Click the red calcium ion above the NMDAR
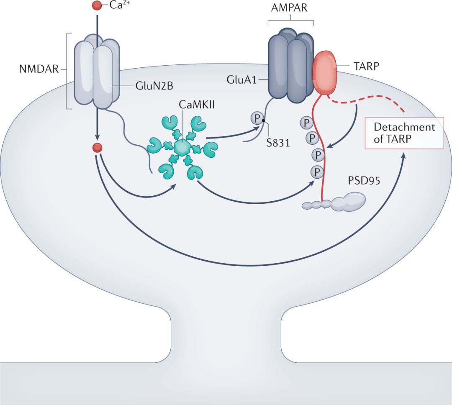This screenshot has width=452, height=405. click(x=97, y=6)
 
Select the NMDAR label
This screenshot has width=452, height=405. click(x=39, y=69)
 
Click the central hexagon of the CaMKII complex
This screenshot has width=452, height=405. click(x=182, y=147)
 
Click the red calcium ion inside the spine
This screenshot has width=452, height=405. click(x=97, y=147)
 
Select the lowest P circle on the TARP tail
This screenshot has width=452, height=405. click(x=318, y=171)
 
